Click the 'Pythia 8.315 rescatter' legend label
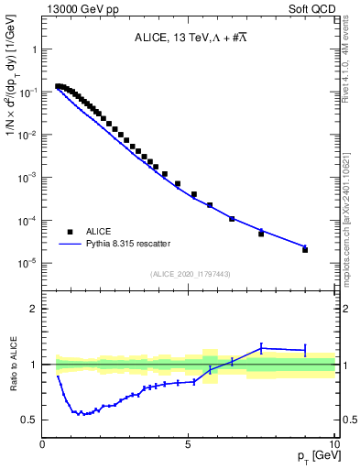[127, 244]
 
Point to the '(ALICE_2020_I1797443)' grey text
[190, 273]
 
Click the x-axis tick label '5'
[189, 444]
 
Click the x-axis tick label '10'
[333, 444]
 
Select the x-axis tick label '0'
[43, 444]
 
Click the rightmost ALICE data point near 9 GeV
[305, 249]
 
